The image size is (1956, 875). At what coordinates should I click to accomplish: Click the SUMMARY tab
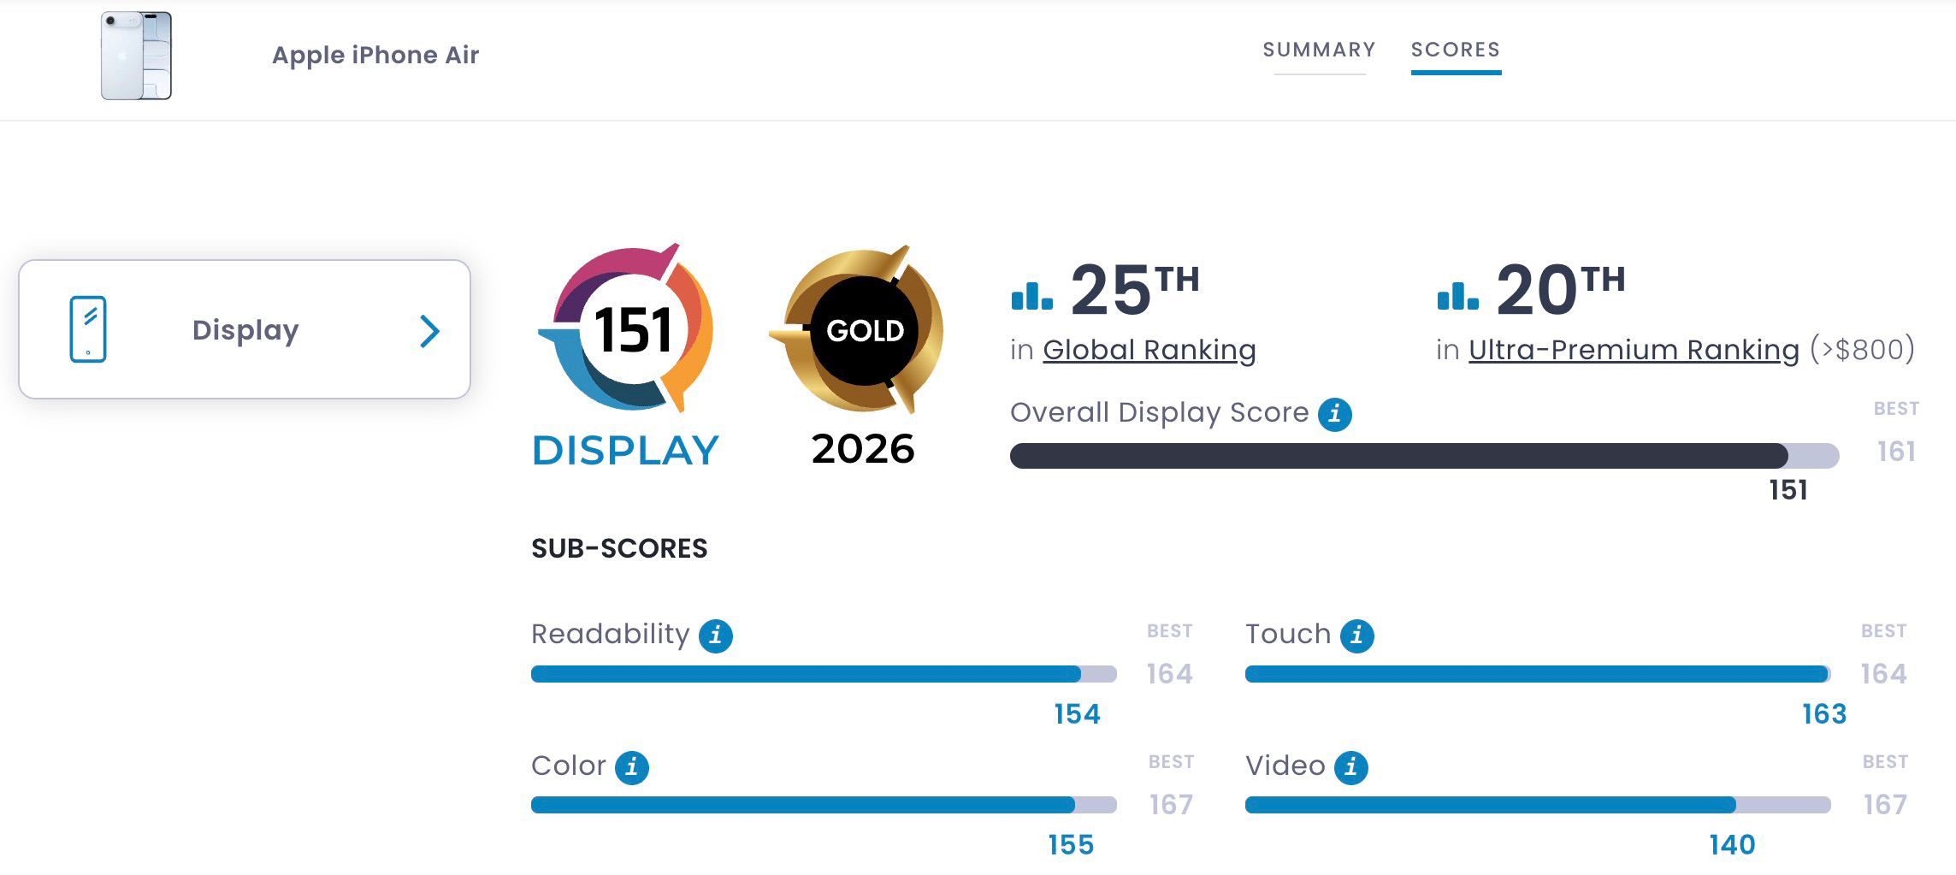pos(1319,50)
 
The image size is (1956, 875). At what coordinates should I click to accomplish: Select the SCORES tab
pos(1456,50)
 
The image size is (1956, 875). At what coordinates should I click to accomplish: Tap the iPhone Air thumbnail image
pos(136,56)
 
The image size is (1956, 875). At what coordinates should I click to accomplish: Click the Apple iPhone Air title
pos(375,55)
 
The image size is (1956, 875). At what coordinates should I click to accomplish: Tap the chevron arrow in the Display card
pos(429,331)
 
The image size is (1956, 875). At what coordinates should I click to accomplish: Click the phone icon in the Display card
pos(88,329)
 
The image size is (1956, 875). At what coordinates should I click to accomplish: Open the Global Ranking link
pos(1149,350)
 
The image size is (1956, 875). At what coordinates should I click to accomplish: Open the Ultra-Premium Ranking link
pos(1634,350)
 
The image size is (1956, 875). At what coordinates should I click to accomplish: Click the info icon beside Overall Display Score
pos(1334,414)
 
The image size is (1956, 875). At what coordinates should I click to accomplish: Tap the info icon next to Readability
pos(715,636)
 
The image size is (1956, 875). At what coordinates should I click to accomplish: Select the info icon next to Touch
pos(1356,636)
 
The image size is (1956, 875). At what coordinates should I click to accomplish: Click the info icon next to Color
pos(631,767)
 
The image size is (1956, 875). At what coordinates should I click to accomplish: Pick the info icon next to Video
pos(1350,767)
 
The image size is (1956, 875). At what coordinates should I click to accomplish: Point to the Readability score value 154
pos(1077,714)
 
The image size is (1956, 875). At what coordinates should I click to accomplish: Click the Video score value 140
pos(1732,845)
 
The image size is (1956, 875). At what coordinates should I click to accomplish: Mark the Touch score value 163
pos(1824,714)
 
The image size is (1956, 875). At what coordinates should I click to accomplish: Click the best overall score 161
pos(1896,451)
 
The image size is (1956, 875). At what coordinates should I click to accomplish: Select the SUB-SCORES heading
pos(619,548)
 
